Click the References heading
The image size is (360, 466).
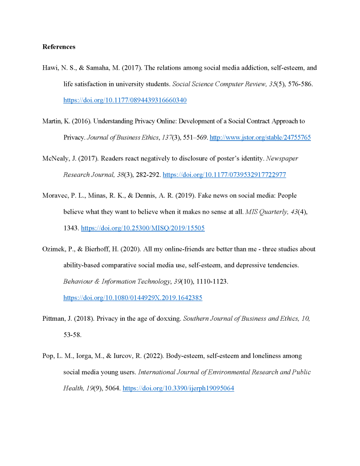pos(59,47)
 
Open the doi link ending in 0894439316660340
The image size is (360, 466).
pos(125,100)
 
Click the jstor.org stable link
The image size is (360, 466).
pos(260,137)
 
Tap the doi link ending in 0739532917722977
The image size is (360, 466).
pos(224,174)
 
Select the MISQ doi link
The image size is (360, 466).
pos(142,228)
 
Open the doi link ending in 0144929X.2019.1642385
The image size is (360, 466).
pos(132,298)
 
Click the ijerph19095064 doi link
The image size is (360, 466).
pos(178,389)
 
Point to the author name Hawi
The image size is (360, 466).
pos(50,68)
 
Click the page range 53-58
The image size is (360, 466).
pos(72,335)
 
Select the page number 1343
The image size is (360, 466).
pos(71,228)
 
